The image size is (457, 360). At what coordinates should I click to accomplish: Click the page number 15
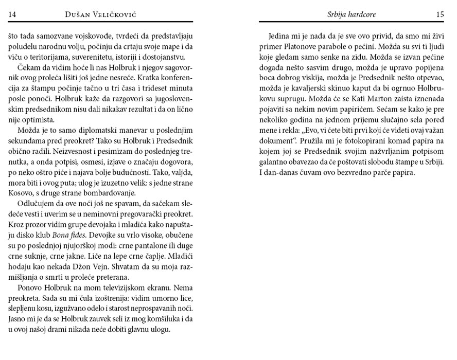(440, 14)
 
